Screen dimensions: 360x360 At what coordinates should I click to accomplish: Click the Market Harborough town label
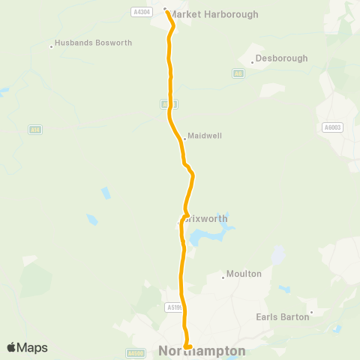(x=213, y=14)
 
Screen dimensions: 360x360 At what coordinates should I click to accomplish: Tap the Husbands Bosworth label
(x=93, y=43)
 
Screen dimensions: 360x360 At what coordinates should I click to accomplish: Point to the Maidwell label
(x=205, y=136)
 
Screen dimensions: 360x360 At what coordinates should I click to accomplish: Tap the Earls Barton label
(x=283, y=316)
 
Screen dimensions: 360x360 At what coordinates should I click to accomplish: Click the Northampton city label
(x=202, y=351)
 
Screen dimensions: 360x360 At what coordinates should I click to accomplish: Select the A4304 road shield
(x=140, y=12)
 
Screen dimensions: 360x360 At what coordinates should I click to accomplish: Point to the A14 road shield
(x=35, y=130)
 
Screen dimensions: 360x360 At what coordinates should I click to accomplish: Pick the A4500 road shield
(x=136, y=352)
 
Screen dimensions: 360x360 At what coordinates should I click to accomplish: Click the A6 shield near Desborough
(x=238, y=73)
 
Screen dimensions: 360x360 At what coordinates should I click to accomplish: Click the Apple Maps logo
(x=27, y=347)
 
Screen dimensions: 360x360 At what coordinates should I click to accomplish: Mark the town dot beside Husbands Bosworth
(x=51, y=46)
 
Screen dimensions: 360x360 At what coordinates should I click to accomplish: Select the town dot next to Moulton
(x=223, y=277)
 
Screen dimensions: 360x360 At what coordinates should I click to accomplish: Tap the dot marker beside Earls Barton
(x=311, y=313)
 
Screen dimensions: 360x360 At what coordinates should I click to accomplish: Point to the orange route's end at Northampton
(x=187, y=346)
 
